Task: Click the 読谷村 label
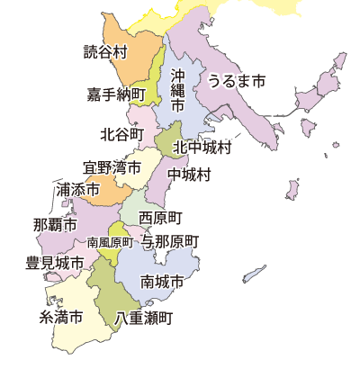(104, 51)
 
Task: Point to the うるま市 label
(237, 81)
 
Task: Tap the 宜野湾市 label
(112, 167)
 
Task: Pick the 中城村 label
(190, 174)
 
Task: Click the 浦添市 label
(76, 190)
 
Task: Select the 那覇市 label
(54, 224)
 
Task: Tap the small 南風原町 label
(110, 242)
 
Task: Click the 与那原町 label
(171, 242)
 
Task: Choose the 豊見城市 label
(55, 264)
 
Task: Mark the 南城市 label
(163, 283)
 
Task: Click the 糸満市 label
(61, 318)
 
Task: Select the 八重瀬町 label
(145, 318)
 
